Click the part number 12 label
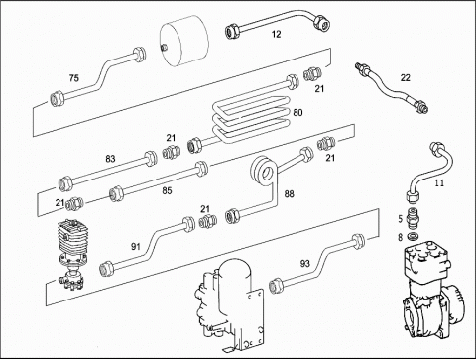[x=276, y=34]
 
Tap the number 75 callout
[x=74, y=78]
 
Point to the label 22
[x=405, y=77]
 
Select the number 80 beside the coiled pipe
[x=297, y=113]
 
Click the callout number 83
[x=110, y=159]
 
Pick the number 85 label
[x=167, y=190]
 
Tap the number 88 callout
[x=289, y=194]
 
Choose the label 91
[x=136, y=246]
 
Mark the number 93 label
[x=305, y=264]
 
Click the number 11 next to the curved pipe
[x=439, y=182]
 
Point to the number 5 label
[x=401, y=219]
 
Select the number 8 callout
[x=401, y=237]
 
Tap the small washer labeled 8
[x=412, y=237]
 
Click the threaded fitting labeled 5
[x=412, y=219]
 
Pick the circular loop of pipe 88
[x=264, y=172]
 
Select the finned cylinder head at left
[x=72, y=239]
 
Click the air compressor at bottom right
[x=433, y=295]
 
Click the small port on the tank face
[x=163, y=48]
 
